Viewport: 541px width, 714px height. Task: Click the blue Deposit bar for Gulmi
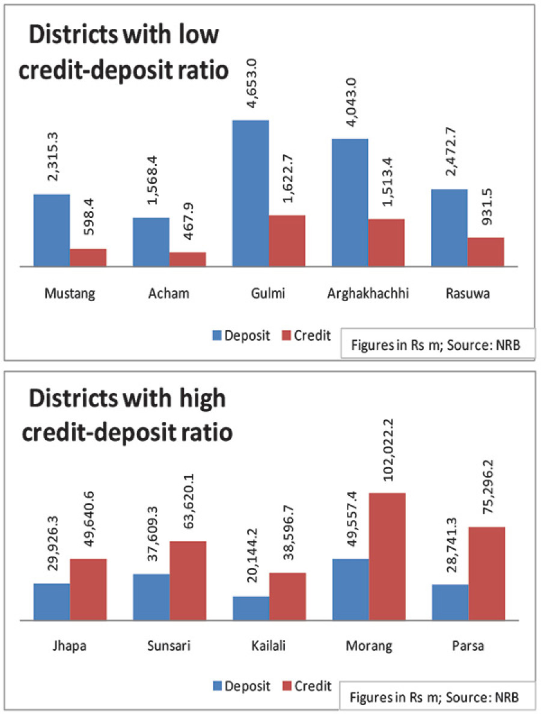click(251, 193)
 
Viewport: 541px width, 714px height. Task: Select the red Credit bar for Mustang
click(88, 257)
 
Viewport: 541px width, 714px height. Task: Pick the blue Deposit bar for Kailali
click(251, 608)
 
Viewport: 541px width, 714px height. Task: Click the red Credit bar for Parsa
click(486, 573)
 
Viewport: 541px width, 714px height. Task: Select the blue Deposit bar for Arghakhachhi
click(350, 202)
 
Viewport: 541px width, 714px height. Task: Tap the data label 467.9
click(187, 228)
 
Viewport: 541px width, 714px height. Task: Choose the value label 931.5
click(486, 215)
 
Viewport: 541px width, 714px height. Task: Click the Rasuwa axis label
click(467, 294)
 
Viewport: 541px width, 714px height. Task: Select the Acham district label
click(169, 294)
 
